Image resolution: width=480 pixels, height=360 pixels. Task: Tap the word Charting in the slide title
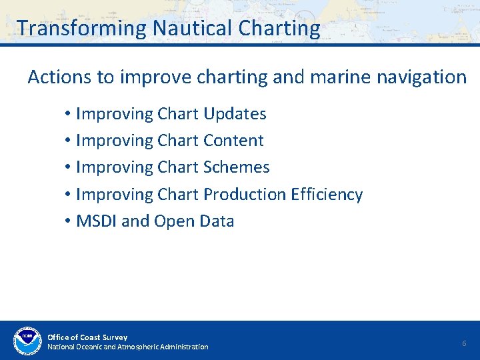point(283,29)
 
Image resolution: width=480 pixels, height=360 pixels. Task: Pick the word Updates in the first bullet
point(235,114)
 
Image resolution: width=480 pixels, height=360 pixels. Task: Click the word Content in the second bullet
point(233,141)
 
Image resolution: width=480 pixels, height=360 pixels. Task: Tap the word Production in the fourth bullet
point(244,195)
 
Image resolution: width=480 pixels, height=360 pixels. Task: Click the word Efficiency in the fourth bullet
point(327,195)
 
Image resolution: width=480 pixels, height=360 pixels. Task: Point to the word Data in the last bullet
point(216,221)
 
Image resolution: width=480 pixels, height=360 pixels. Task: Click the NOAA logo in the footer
point(27,341)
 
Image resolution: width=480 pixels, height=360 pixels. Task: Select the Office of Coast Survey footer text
point(87,337)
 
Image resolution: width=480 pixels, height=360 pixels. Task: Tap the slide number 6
point(465,343)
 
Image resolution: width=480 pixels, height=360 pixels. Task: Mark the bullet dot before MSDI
point(69,222)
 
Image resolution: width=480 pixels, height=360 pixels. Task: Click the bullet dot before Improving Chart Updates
point(69,115)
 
